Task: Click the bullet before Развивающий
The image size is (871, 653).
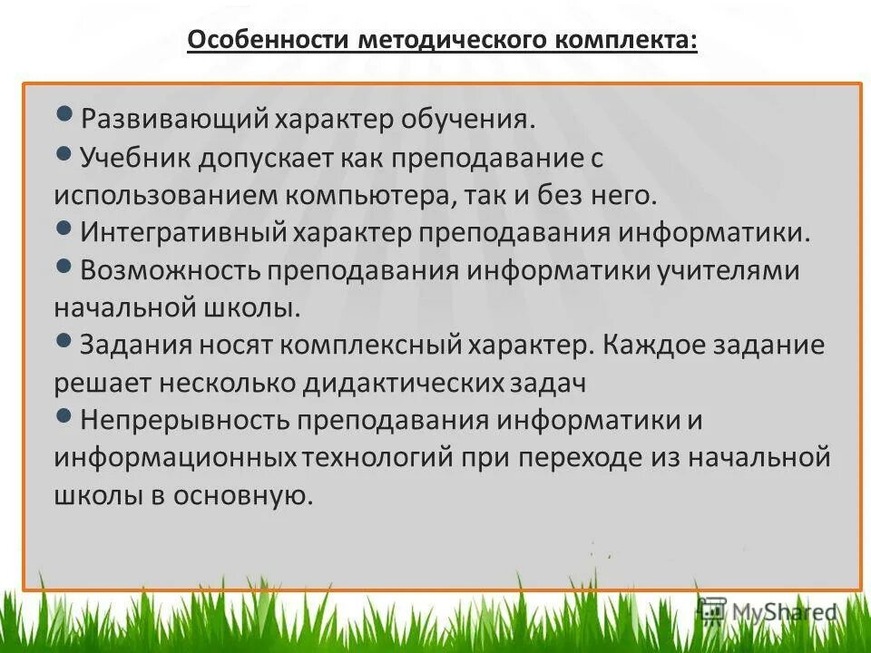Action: coord(64,114)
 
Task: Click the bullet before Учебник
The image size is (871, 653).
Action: coord(64,152)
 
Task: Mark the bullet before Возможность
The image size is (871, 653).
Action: coord(64,266)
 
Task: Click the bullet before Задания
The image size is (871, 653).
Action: coord(64,341)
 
